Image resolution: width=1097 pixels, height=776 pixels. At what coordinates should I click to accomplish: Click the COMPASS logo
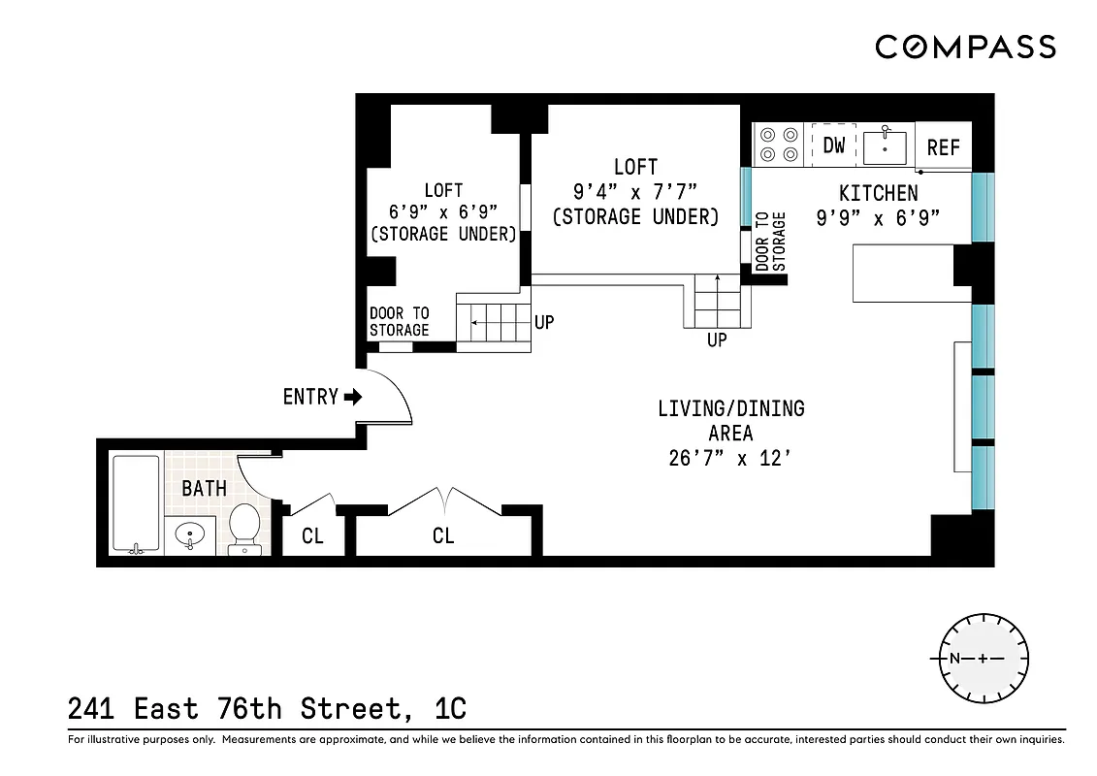[x=965, y=47]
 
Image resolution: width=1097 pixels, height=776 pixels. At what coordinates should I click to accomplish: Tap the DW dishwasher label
[x=834, y=145]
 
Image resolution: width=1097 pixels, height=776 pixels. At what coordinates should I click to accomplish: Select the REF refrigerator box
[x=943, y=146]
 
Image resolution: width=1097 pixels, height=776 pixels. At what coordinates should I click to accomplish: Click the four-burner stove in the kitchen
[x=778, y=145]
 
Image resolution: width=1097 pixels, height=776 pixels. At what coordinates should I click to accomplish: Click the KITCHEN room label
[x=878, y=194]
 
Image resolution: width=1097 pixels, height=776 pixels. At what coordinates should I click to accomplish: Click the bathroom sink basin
[x=188, y=534]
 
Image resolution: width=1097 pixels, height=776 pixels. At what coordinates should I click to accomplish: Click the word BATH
[x=204, y=488]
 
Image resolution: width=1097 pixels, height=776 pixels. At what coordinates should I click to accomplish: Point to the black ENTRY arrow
[x=353, y=397]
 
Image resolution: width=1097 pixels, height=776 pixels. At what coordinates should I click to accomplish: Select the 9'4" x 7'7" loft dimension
[x=635, y=192]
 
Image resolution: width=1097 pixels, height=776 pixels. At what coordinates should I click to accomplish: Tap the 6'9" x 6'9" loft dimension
[x=442, y=212]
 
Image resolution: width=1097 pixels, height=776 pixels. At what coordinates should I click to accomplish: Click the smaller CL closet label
[x=312, y=535]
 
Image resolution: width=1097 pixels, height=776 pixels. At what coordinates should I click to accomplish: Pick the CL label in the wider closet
[x=443, y=535]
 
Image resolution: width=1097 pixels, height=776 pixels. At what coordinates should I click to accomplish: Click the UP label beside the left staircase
[x=544, y=321]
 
